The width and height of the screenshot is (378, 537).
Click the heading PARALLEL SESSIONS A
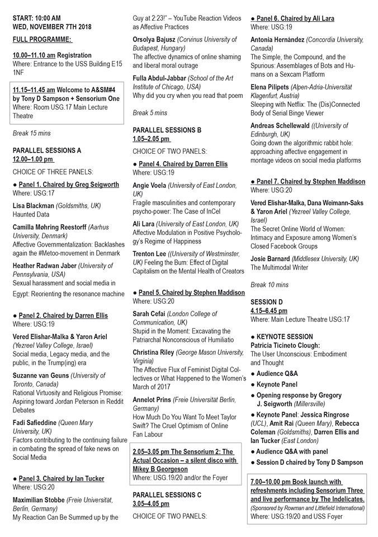pos(46,150)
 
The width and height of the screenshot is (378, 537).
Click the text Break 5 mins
pos(150,113)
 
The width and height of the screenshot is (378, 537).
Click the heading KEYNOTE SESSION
pos(285,337)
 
